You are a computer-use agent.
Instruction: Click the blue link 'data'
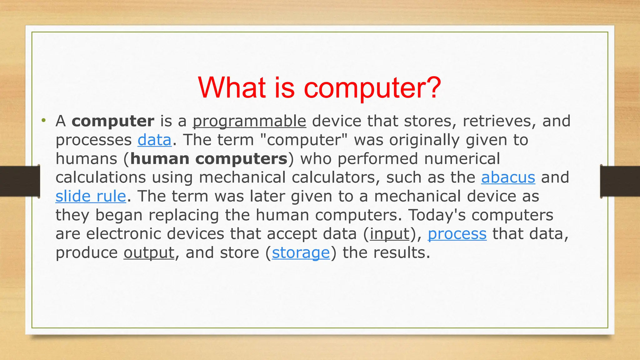pyautogui.click(x=154, y=140)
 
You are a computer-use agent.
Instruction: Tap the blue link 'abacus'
pyautogui.click(x=508, y=177)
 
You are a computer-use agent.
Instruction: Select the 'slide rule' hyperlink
pyautogui.click(x=91, y=196)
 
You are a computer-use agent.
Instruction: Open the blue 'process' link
pyautogui.click(x=457, y=234)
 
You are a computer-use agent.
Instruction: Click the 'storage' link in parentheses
pyautogui.click(x=301, y=252)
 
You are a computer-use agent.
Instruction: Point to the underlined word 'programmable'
pyautogui.click(x=249, y=121)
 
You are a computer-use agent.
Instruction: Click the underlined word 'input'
pyautogui.click(x=389, y=234)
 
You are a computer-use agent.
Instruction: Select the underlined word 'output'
pyautogui.click(x=149, y=252)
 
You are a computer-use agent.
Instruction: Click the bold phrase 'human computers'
pyautogui.click(x=209, y=159)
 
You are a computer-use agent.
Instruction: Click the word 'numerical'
pyautogui.click(x=462, y=159)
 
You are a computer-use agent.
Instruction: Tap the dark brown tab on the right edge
pyautogui.click(x=620, y=181)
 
